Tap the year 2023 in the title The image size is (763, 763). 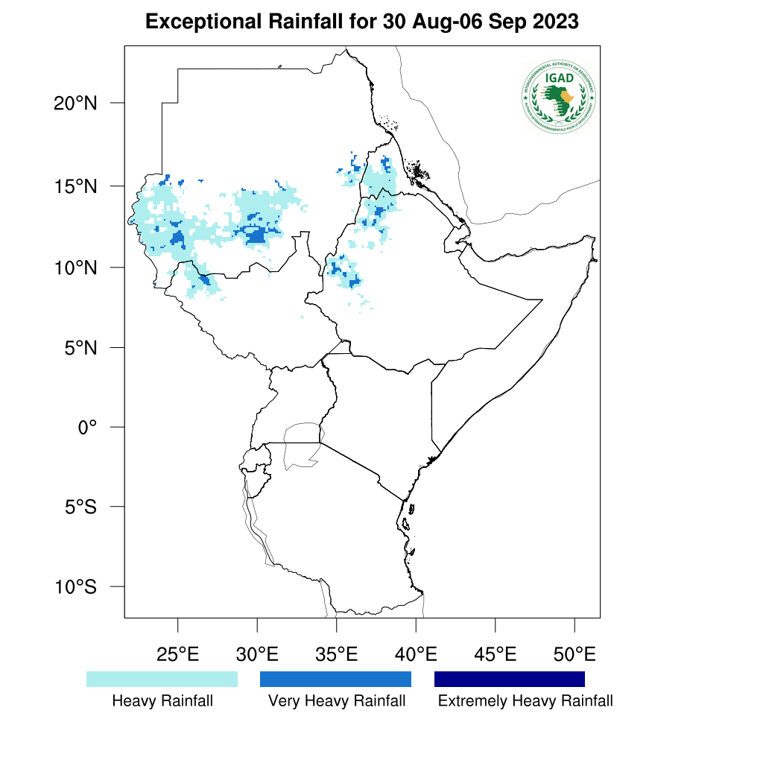(556, 22)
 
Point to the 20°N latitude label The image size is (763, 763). (75, 103)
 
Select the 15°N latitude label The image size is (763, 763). (75, 186)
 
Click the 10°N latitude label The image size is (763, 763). (75, 267)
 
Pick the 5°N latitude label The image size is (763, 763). (80, 347)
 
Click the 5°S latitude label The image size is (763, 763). (80, 507)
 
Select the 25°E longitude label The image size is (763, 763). (177, 655)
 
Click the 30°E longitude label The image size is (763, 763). (257, 655)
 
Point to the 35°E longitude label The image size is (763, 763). (336, 655)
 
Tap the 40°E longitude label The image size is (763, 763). (416, 655)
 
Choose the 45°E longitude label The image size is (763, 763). (495, 655)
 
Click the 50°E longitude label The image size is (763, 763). (574, 655)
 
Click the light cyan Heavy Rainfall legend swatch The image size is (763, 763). (162, 679)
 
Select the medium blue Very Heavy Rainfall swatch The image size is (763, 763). (335, 679)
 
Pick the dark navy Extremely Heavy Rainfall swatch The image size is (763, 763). (510, 679)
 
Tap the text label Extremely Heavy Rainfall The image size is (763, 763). (525, 701)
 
